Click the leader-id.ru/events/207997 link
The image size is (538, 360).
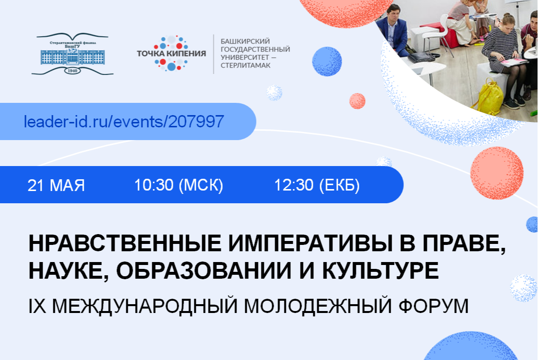pos(124,121)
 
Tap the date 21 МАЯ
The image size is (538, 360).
pos(56,186)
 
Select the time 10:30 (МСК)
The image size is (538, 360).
pos(179,186)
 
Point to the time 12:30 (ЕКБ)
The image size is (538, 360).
pos(317,186)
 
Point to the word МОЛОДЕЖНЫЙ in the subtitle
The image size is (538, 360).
pos(313,305)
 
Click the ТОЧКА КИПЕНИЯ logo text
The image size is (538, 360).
pos(171,53)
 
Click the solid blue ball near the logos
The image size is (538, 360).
pos(327,61)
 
